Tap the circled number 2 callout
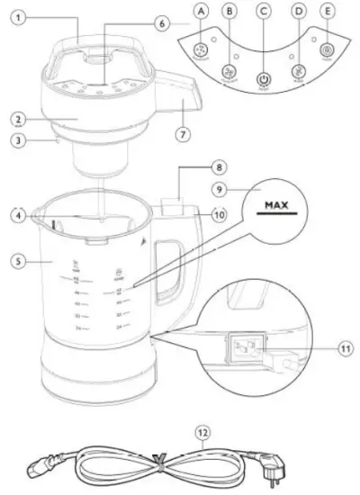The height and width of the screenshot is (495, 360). [18, 118]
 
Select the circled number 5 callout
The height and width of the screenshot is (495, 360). [18, 262]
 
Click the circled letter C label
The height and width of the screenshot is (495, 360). [263, 11]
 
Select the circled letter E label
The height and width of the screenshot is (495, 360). [327, 11]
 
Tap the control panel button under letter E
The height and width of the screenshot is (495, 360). [326, 50]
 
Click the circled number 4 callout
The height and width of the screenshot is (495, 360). [18, 214]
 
